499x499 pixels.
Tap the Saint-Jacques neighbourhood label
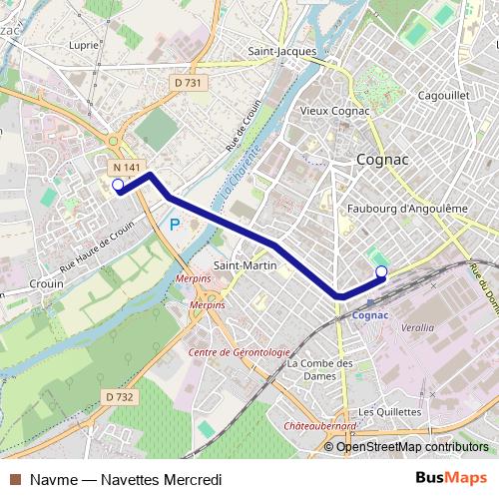point(282,51)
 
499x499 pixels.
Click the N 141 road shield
point(125,168)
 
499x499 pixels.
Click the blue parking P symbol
point(174,226)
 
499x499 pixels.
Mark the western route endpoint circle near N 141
point(118,185)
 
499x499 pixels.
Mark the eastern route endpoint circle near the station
point(380,271)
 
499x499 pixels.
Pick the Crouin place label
point(46,283)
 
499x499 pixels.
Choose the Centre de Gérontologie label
point(239,352)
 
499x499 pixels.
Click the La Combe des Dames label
point(319,369)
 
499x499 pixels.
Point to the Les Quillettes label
point(384,411)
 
